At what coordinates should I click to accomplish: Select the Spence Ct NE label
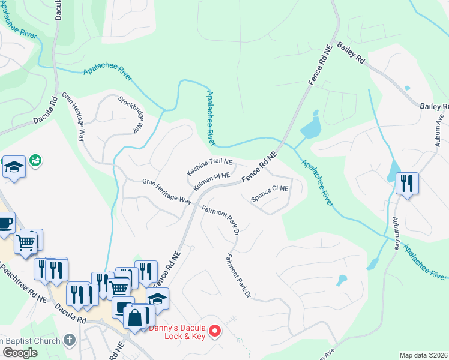tap(270, 192)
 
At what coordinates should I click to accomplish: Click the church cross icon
tap(70, 340)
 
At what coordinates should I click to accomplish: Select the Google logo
tap(20, 352)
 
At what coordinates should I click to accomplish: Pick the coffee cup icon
tap(5, 223)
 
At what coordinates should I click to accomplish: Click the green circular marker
tap(36, 160)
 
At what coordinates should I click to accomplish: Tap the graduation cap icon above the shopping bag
tap(157, 298)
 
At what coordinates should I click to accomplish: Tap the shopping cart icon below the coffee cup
tap(26, 243)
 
